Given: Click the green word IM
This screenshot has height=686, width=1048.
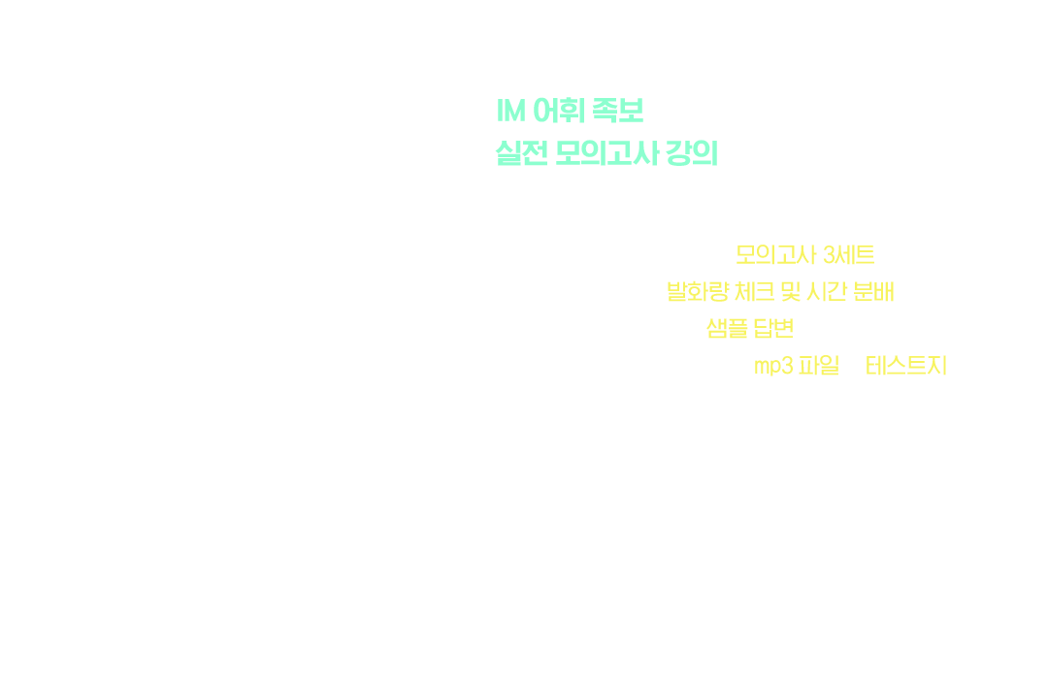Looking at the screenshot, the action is [510, 111].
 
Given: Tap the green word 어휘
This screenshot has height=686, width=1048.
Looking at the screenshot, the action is [560, 111].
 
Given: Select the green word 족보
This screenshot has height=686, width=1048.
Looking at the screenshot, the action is [617, 111].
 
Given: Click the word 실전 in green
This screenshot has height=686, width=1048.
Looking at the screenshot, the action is [521, 153].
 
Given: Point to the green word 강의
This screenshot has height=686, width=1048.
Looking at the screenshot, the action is [693, 153].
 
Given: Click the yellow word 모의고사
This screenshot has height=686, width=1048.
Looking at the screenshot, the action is [776, 255].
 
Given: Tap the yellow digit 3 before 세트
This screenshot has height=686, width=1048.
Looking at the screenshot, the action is [830, 255].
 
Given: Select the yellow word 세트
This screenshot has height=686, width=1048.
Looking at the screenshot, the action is [856, 255].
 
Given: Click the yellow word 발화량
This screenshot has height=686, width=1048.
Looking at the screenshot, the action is [697, 291].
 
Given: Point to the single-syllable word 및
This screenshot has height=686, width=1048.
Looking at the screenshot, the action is [791, 291].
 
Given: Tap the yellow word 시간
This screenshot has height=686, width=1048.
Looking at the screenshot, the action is [827, 291].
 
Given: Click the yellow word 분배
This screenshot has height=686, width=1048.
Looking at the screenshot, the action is [874, 291].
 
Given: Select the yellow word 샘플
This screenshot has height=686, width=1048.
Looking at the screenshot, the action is [727, 328].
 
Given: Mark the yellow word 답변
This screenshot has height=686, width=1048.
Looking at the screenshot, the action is [773, 328].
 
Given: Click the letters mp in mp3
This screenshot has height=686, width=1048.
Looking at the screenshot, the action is [768, 367].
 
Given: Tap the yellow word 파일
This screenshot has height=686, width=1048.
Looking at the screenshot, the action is [819, 365].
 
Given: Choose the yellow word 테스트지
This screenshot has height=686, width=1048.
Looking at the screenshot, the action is [906, 365].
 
